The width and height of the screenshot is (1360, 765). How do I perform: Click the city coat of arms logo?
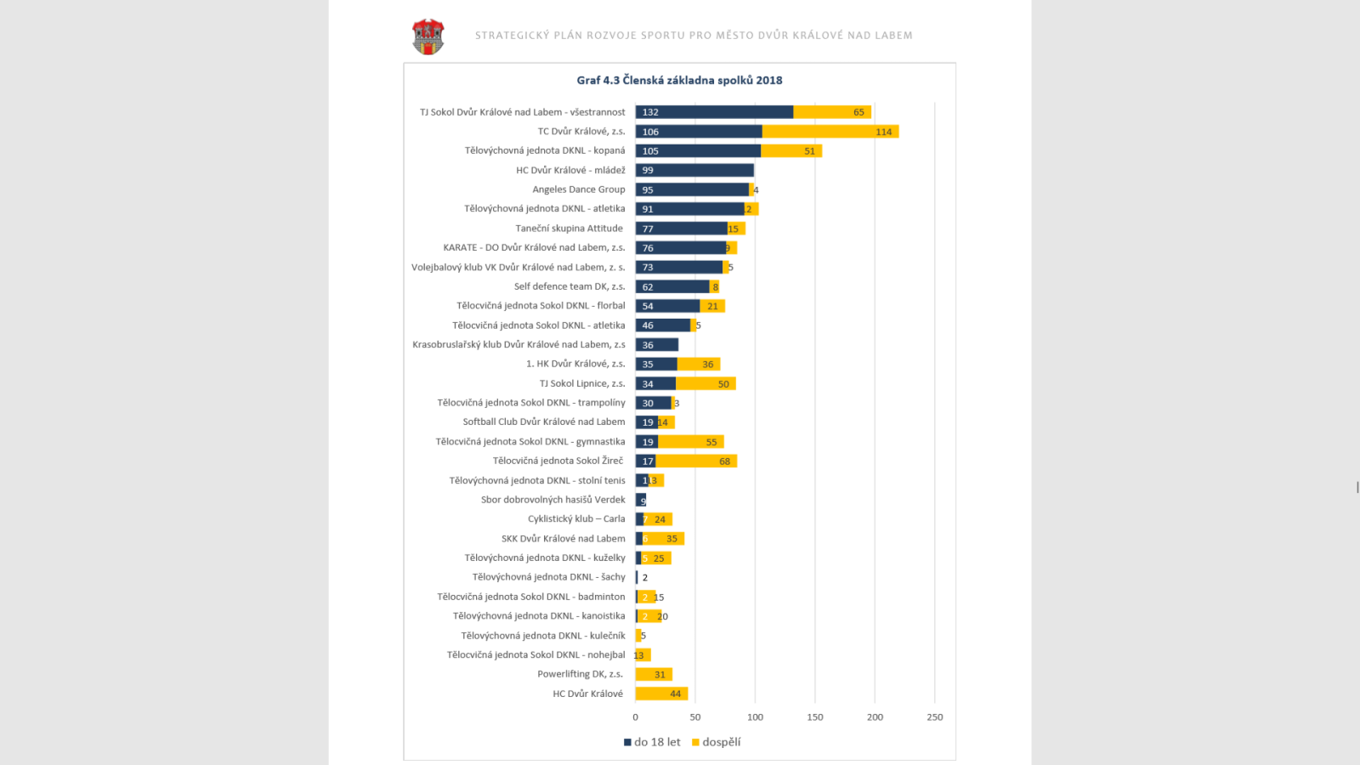[428, 37]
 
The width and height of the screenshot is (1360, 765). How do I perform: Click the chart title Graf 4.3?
[679, 80]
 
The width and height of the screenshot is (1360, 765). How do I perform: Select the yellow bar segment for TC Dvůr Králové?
[830, 132]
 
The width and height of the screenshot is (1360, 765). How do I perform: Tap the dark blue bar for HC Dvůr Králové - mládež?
[694, 170]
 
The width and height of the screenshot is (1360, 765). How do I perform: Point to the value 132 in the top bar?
[650, 112]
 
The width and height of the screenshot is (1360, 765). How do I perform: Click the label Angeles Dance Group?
[578, 190]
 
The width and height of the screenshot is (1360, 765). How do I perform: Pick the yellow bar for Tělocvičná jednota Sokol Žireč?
[695, 461]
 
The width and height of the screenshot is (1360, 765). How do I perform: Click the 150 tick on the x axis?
[815, 717]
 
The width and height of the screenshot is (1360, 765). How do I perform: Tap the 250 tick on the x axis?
[934, 717]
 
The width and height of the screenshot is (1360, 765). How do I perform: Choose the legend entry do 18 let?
[653, 742]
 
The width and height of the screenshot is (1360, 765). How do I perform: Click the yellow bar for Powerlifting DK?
[654, 674]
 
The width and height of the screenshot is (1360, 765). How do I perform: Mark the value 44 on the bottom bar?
[676, 694]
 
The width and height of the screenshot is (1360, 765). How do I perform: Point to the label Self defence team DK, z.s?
[569, 286]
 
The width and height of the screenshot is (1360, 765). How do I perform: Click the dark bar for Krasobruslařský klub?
[657, 344]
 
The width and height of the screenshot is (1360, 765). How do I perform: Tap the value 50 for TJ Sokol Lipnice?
[723, 384]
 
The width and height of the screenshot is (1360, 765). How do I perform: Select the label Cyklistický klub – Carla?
[576, 518]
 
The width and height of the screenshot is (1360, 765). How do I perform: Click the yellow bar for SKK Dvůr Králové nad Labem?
[664, 538]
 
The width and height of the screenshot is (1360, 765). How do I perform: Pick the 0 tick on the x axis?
[635, 717]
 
